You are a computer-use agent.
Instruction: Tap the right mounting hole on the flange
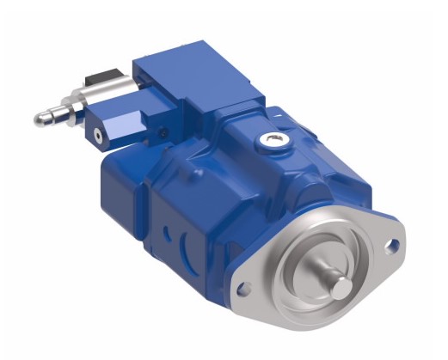pos(393,245)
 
